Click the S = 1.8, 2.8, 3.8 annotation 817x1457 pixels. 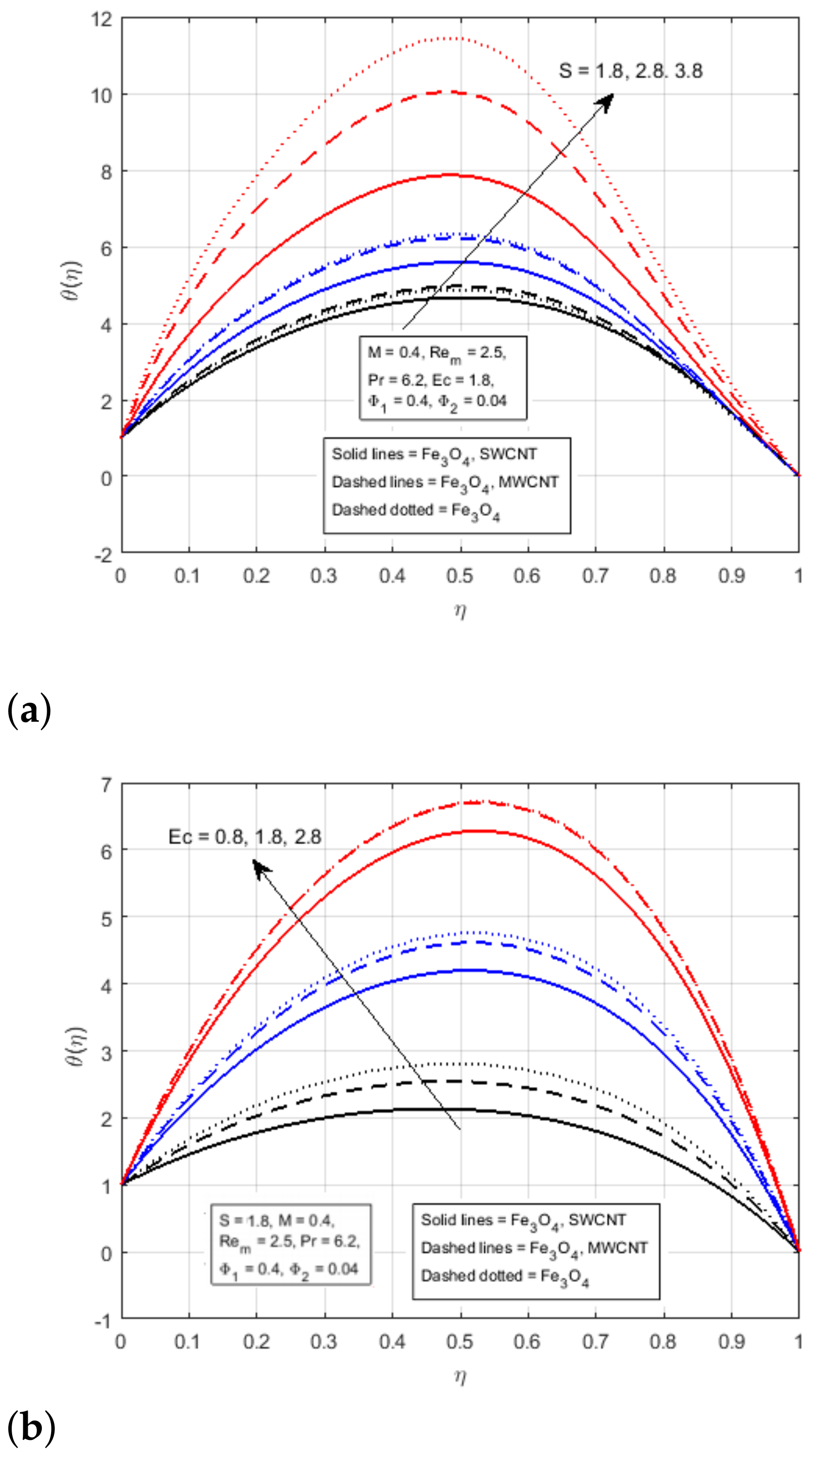[x=630, y=71]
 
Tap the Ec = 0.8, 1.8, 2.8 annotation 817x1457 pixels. [x=245, y=837]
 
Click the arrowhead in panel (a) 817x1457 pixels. [x=606, y=101]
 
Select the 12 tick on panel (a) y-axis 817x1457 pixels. [x=102, y=19]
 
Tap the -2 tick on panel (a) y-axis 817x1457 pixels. [x=103, y=555]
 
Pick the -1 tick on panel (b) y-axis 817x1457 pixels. [x=103, y=1321]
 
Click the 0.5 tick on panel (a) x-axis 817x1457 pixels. [x=460, y=576]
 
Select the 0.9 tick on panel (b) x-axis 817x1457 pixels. [x=731, y=1342]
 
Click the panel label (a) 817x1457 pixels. [x=29, y=711]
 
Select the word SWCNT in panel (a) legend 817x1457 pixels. [x=508, y=454]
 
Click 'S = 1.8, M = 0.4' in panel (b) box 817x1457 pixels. [x=277, y=1220]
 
